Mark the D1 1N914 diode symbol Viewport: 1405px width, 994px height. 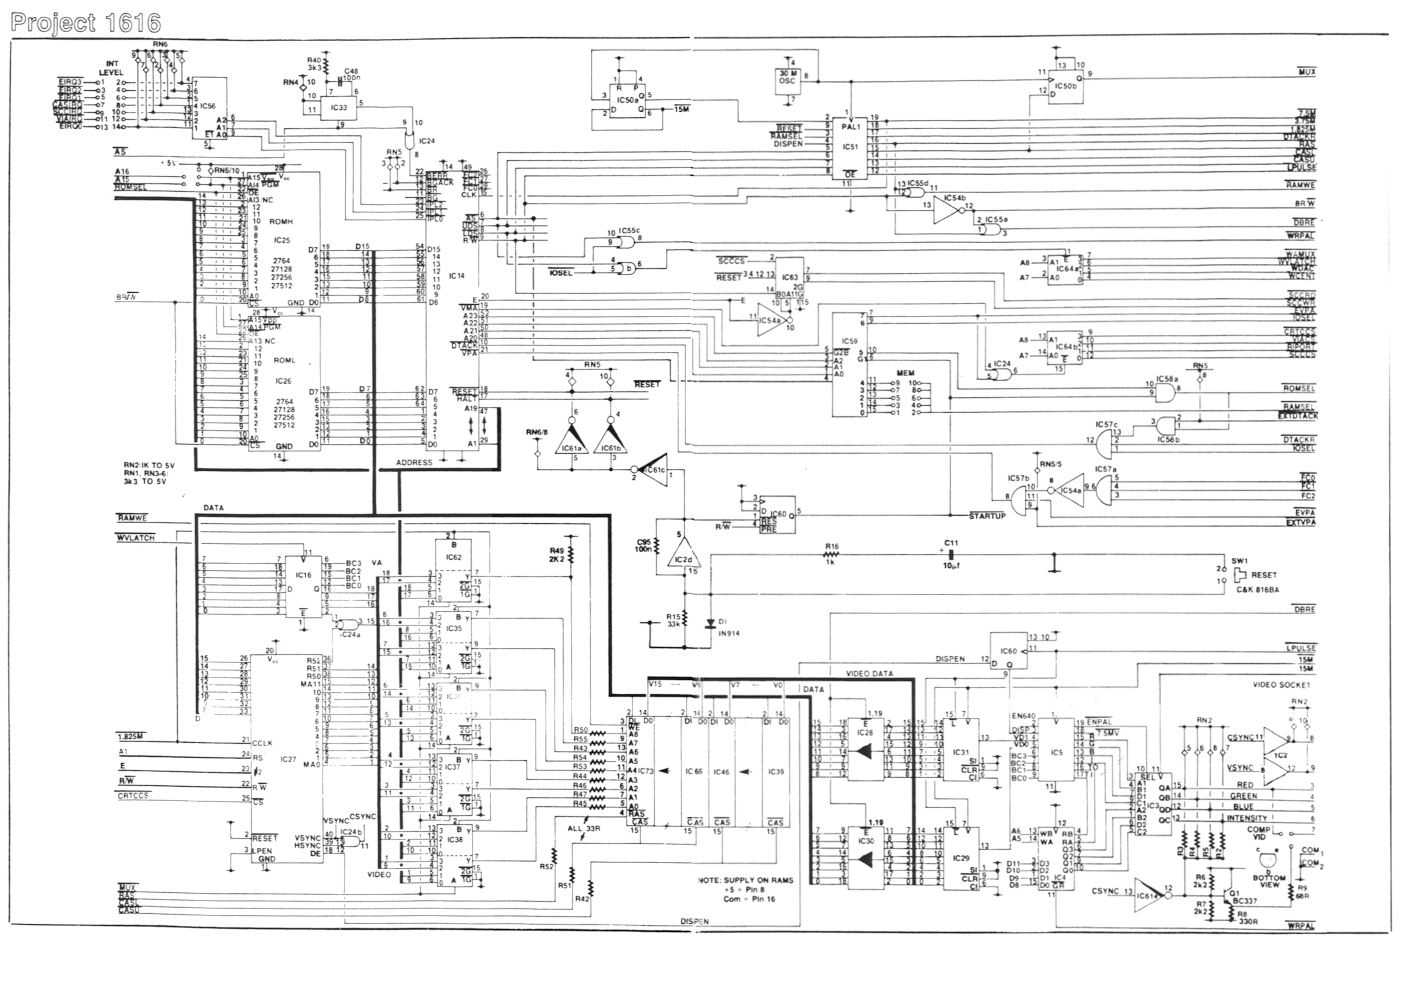point(710,624)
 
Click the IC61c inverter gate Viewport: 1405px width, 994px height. point(653,470)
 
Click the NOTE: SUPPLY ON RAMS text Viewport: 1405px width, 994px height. point(745,880)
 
